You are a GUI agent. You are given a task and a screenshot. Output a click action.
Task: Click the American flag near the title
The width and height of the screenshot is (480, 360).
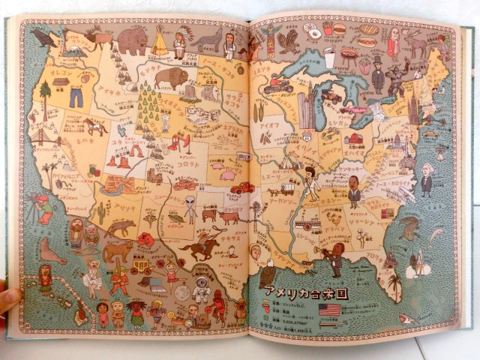(328, 310)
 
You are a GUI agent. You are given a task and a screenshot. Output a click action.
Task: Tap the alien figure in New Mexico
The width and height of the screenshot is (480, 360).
(190, 209)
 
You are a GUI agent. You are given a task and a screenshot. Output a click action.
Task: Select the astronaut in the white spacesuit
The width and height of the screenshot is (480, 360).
(200, 289)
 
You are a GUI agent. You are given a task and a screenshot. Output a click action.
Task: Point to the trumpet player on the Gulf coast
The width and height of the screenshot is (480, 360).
(335, 259)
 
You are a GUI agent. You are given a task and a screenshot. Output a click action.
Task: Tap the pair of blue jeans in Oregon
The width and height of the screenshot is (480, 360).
(76, 96)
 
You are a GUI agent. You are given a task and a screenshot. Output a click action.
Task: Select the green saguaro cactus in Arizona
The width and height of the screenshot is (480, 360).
(100, 212)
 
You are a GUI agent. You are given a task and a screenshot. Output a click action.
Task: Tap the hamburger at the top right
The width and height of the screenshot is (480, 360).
(340, 29)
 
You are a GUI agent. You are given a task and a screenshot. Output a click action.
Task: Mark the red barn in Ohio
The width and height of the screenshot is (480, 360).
(353, 139)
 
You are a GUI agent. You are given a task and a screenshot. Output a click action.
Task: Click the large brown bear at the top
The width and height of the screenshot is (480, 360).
(133, 41)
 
